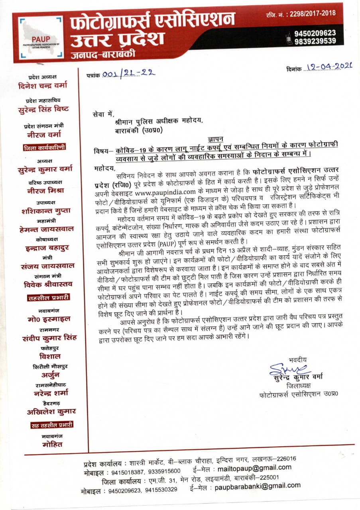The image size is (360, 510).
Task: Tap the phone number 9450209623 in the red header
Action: [x=315, y=33]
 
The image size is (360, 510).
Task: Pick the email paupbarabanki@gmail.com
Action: [x=257, y=486]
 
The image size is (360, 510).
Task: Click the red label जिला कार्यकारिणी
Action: [x=45, y=147]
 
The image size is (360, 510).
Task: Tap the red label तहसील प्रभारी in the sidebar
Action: [x=48, y=297]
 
